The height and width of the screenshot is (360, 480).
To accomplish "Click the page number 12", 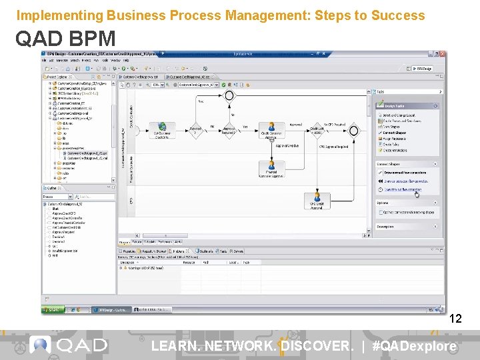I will coord(456,319).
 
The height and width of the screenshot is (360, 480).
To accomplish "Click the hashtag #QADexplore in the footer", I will coord(415,346).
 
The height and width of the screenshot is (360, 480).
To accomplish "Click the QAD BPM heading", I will coord(65,39).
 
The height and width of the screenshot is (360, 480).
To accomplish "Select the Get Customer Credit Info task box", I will coord(163,130).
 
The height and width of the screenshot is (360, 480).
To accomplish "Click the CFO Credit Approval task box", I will coord(317,200).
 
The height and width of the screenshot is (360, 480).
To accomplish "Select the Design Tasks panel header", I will coord(400,105).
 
